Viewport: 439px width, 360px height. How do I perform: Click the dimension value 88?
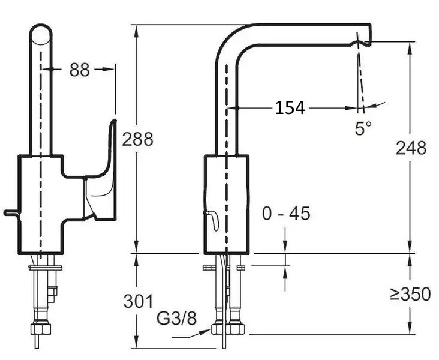click(x=80, y=70)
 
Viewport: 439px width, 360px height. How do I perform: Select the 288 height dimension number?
click(x=137, y=139)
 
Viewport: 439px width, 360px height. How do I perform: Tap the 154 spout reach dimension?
click(x=290, y=107)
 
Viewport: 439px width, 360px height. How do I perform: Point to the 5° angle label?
click(x=363, y=128)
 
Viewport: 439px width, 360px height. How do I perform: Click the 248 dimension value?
click(x=411, y=148)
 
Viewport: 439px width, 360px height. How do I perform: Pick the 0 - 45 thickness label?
click(x=286, y=213)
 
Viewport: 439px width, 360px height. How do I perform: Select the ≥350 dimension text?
click(x=410, y=294)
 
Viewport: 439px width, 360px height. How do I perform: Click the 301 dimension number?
click(x=139, y=301)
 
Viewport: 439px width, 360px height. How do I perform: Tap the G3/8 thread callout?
click(x=176, y=318)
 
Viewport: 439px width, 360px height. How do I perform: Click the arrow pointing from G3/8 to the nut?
click(x=191, y=334)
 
